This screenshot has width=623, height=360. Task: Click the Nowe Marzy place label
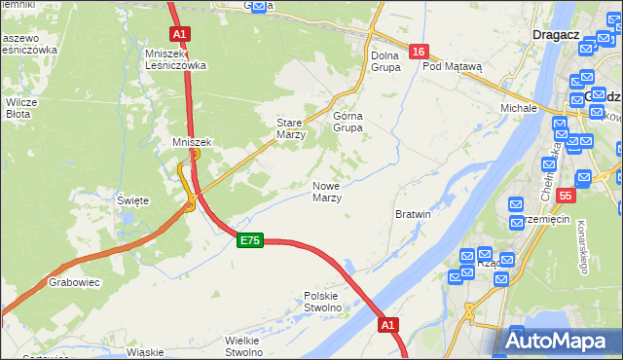(x=326, y=192)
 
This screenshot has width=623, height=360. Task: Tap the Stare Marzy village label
(x=291, y=129)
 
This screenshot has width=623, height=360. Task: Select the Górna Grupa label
(x=348, y=122)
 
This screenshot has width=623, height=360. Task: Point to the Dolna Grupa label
(x=385, y=61)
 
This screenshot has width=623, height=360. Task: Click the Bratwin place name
(x=413, y=213)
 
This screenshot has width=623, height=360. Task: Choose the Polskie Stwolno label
(x=322, y=302)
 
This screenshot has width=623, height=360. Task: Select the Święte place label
(x=133, y=200)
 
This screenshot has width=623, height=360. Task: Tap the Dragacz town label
(x=556, y=34)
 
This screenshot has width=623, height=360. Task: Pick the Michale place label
(x=519, y=107)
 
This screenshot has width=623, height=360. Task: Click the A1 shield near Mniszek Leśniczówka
(x=179, y=33)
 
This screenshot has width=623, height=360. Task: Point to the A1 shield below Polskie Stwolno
(x=388, y=324)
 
